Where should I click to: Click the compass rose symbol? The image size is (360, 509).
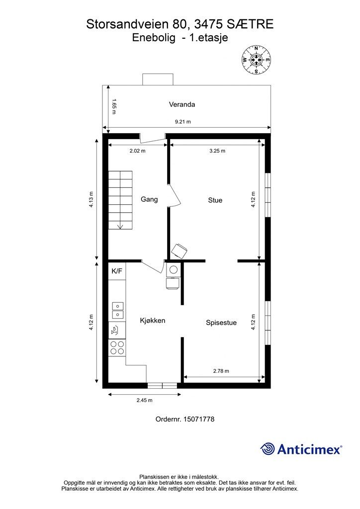tap(256, 60)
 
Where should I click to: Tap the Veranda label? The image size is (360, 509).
tap(182, 104)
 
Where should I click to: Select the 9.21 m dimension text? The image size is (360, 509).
tap(183, 122)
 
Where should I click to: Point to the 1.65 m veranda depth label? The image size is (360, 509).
tap(113, 106)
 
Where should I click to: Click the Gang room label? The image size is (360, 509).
tap(149, 199)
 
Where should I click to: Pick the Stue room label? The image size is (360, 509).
tap(215, 200)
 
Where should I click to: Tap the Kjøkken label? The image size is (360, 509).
tap(153, 321)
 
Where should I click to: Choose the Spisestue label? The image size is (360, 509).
tap(221, 323)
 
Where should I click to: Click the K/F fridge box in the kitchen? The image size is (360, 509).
tap(117, 271)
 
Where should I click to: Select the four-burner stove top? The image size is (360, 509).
tap(117, 347)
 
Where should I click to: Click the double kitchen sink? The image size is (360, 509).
tap(117, 310)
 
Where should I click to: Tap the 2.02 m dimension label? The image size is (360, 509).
tap(137, 151)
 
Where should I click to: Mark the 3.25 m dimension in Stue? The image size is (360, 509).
tap(217, 151)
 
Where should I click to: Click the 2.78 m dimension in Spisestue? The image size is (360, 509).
tap(221, 371)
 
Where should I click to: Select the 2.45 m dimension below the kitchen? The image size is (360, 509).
tap(145, 400)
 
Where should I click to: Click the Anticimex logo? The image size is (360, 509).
tap(301, 449)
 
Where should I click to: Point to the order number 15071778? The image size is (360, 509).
tap(184, 419)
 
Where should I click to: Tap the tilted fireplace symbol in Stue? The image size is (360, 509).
tap(180, 251)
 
